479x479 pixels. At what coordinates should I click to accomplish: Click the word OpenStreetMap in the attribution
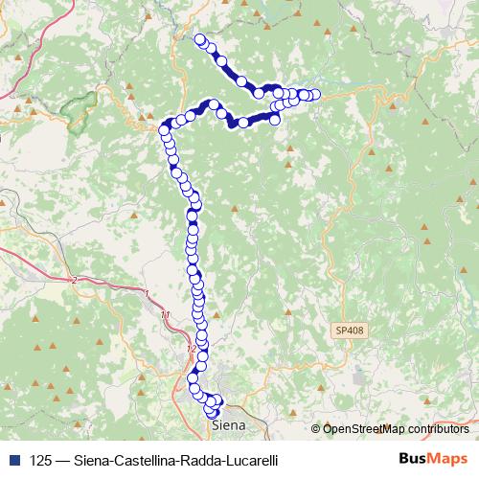click(364, 428)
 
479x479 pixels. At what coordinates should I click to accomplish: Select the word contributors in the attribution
click(439, 428)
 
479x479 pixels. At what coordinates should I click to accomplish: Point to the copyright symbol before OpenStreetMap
click(316, 428)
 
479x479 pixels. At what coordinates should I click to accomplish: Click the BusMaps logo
click(434, 459)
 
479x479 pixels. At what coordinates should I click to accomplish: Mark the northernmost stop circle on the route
click(200, 39)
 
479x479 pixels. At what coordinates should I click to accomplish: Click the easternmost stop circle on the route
click(314, 95)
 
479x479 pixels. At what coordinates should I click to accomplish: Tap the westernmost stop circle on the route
click(164, 126)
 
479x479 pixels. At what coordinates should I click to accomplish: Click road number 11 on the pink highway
click(167, 314)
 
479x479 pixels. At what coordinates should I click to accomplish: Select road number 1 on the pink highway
click(146, 292)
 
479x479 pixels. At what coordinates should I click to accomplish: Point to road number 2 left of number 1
click(74, 280)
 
